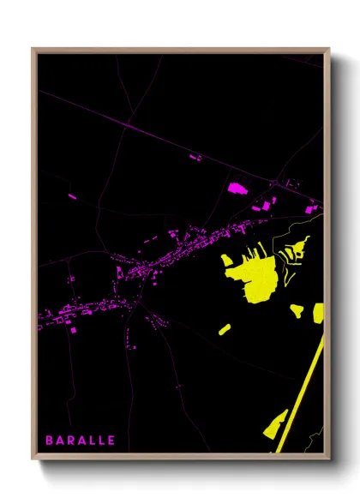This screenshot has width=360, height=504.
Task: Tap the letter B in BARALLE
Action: pyautogui.click(x=50, y=441)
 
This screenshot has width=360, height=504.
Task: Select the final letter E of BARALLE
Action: pyautogui.click(x=111, y=441)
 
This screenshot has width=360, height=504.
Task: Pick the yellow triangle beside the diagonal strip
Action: pyautogui.click(x=276, y=424)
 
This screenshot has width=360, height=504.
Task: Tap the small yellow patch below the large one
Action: pyautogui.click(x=224, y=328)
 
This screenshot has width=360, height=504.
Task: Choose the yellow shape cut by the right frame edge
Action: pyautogui.click(x=319, y=311)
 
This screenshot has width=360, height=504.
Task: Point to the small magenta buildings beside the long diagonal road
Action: pyautogui.click(x=195, y=158)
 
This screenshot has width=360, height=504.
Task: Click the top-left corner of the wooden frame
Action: pyautogui.click(x=33, y=49)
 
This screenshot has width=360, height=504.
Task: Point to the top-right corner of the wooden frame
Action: pyautogui.click(x=328, y=49)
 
